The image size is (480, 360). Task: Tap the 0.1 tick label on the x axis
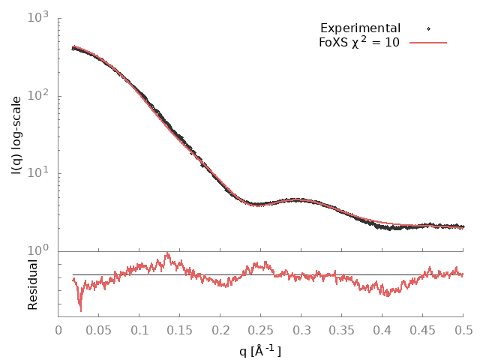point(139,331)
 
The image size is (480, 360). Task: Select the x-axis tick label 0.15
point(180,331)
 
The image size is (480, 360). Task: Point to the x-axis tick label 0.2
point(220,331)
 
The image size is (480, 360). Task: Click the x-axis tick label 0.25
point(261,331)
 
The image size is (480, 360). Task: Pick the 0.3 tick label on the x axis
point(301,331)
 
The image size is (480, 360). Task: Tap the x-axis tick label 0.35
point(342,331)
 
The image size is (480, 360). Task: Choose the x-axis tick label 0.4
point(382,331)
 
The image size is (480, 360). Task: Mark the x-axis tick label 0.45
point(423,331)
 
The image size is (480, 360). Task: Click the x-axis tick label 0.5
point(463,331)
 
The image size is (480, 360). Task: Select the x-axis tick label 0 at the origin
point(58,331)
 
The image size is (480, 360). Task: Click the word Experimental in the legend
point(360,28)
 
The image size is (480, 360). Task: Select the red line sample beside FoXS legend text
point(428,43)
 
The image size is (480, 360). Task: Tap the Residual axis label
point(33,284)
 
